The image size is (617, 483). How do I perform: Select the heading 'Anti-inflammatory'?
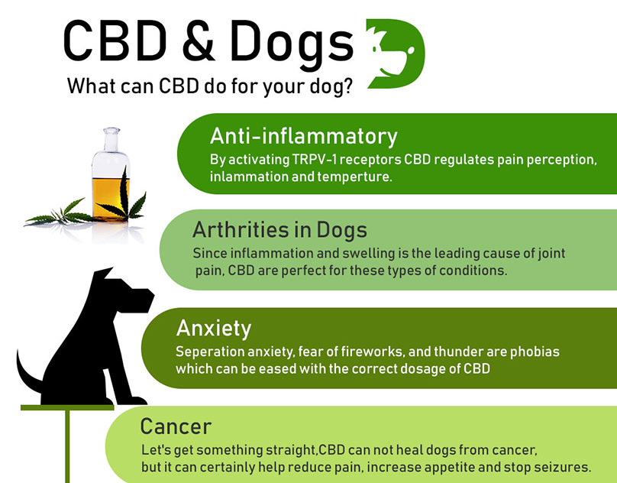pos(303,137)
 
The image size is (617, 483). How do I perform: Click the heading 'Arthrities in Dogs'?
pos(279,230)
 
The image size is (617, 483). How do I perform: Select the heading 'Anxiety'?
pos(214,329)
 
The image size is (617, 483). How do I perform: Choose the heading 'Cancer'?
pos(176,426)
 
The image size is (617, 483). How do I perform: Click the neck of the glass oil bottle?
pos(111,140)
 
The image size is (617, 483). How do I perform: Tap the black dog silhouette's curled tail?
pos(27,374)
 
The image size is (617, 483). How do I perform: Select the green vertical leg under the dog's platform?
pos(67,446)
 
